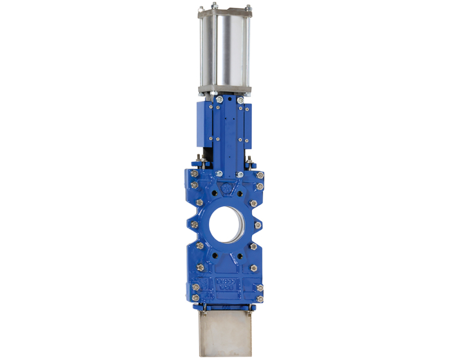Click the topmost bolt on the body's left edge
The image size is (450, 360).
pyautogui.click(x=192, y=174)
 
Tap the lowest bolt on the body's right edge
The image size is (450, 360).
pyautogui.click(x=260, y=299)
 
